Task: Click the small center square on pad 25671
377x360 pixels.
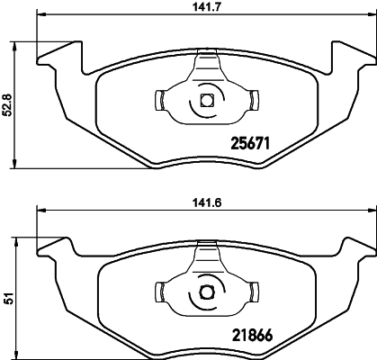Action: click(x=206, y=101)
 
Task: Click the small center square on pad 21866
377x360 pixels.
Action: click(x=206, y=291)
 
